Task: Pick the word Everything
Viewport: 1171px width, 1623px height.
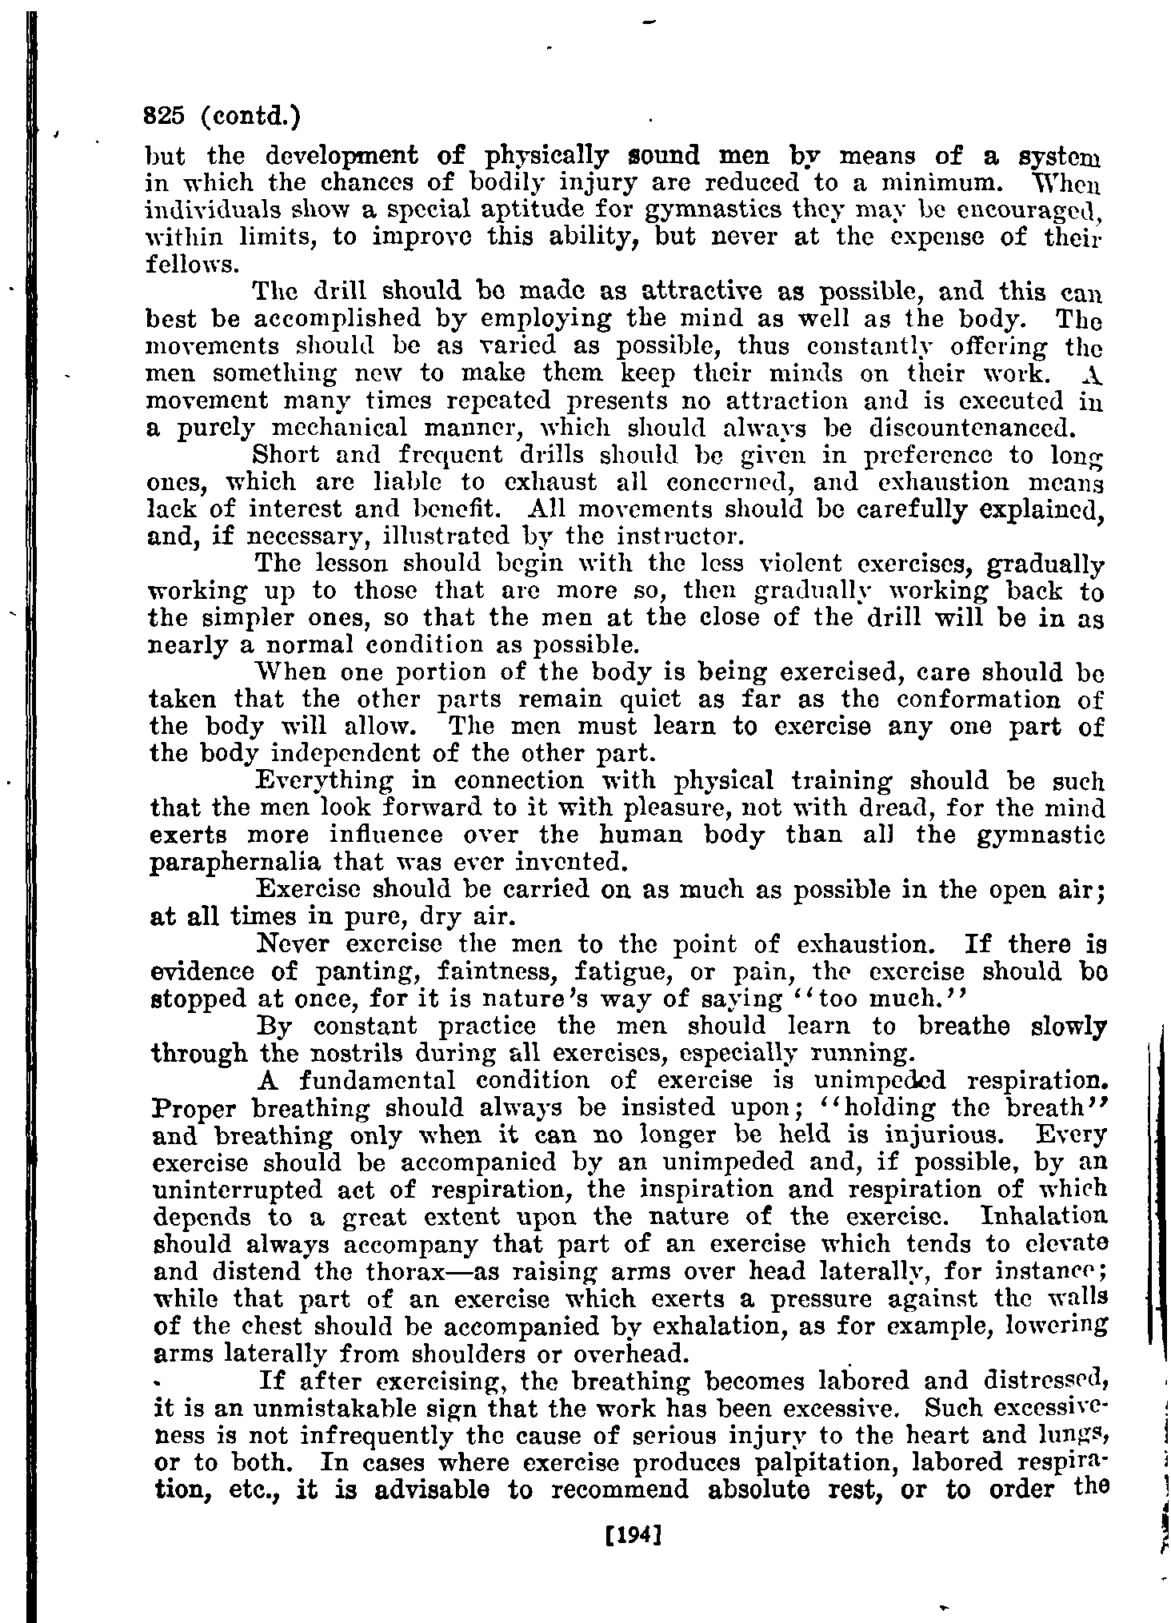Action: point(324,780)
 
